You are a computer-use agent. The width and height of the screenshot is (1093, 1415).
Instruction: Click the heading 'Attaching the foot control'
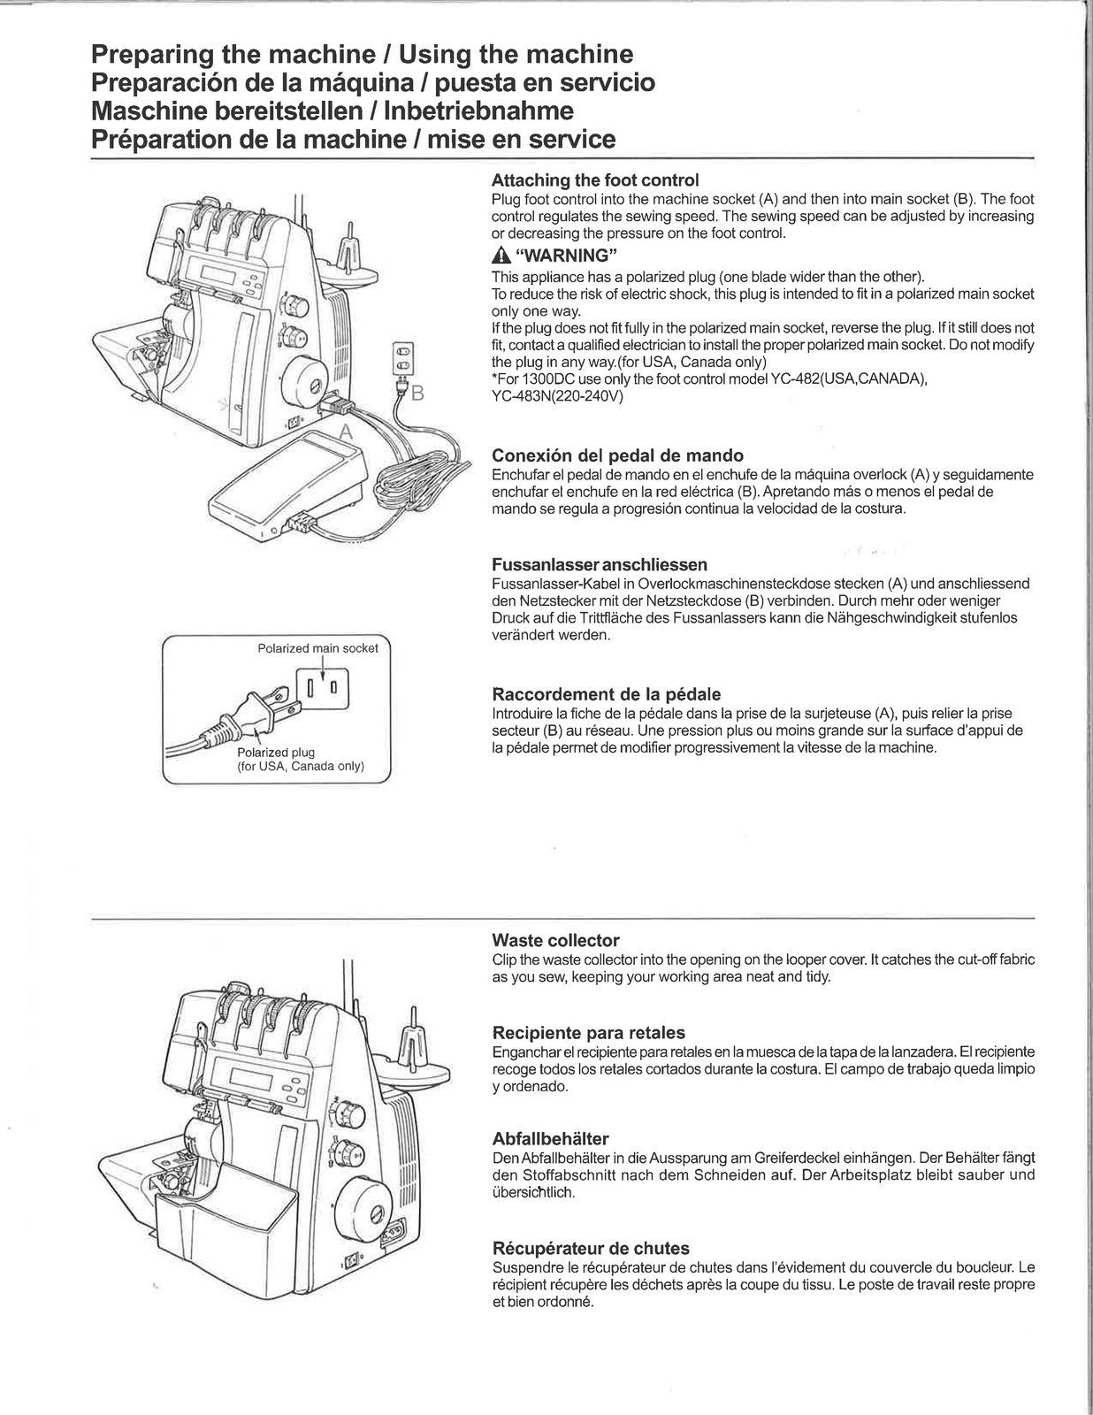click(595, 180)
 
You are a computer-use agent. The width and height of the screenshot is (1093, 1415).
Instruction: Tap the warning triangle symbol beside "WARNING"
click(500, 256)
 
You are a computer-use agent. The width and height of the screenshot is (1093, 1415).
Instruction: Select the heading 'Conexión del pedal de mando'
click(617, 455)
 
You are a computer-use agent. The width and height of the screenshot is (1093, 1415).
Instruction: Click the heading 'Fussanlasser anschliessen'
click(599, 564)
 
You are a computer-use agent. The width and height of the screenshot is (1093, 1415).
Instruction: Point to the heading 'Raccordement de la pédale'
click(606, 694)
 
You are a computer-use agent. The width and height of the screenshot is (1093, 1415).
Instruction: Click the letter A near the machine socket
click(347, 431)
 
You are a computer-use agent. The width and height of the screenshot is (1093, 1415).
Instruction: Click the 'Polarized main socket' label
click(317, 648)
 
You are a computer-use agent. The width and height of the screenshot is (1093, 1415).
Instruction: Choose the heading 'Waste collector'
click(555, 940)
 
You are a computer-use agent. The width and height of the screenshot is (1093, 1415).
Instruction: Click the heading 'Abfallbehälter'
click(550, 1138)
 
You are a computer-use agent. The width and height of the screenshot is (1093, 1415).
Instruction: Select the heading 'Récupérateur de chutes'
click(590, 1248)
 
